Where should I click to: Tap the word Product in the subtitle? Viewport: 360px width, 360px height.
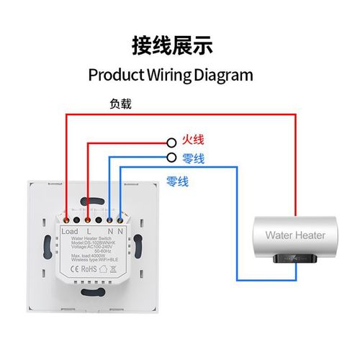(x=115, y=75)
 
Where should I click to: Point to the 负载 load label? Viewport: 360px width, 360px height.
(x=120, y=104)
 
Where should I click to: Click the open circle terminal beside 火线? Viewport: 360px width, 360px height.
(x=171, y=142)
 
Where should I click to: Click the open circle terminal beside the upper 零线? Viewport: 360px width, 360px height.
(x=171, y=157)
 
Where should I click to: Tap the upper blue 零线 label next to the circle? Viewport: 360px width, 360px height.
(x=194, y=158)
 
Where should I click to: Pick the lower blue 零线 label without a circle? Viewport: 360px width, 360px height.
(x=177, y=181)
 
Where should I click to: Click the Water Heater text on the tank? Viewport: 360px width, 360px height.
(x=295, y=235)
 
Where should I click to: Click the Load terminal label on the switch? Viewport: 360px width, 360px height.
(x=70, y=231)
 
